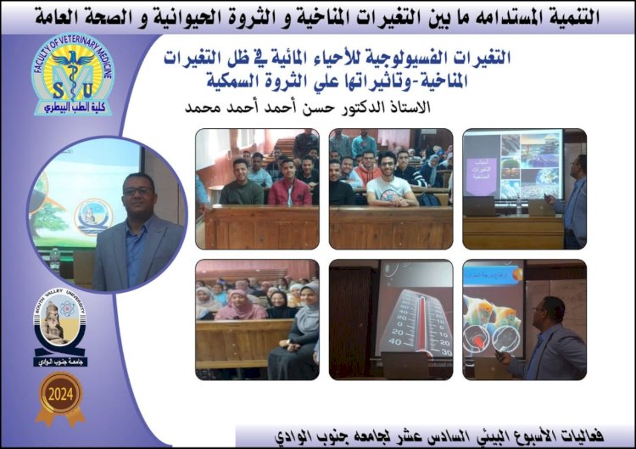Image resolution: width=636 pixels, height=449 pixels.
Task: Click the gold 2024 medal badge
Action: [x=59, y=396]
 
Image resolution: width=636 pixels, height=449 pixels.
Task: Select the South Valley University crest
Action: [x=59, y=330]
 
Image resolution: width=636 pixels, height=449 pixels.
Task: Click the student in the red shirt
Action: [x=289, y=186]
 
